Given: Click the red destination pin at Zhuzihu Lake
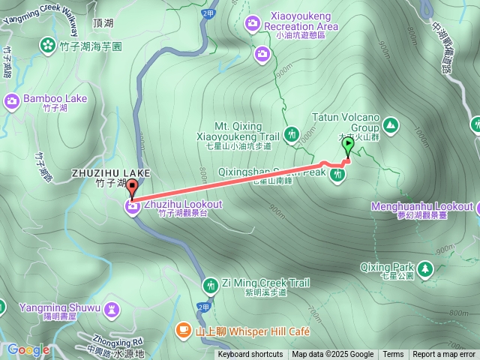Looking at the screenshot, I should [132, 188].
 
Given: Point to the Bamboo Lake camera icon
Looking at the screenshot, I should [11, 100].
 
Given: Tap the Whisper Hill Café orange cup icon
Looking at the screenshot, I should [183, 330].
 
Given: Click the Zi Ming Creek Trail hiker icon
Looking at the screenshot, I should [211, 283].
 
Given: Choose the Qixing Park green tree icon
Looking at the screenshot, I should [426, 268].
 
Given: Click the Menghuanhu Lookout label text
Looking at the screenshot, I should [422, 206].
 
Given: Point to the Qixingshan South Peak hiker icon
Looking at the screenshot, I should [337, 175].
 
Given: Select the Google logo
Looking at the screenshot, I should [28, 349].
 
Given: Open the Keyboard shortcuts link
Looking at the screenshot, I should [250, 355].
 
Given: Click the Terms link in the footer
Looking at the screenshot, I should [393, 355].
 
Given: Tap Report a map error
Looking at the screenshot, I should [444, 355].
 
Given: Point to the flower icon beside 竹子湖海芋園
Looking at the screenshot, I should [47, 46].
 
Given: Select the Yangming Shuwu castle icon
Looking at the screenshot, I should [112, 307].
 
